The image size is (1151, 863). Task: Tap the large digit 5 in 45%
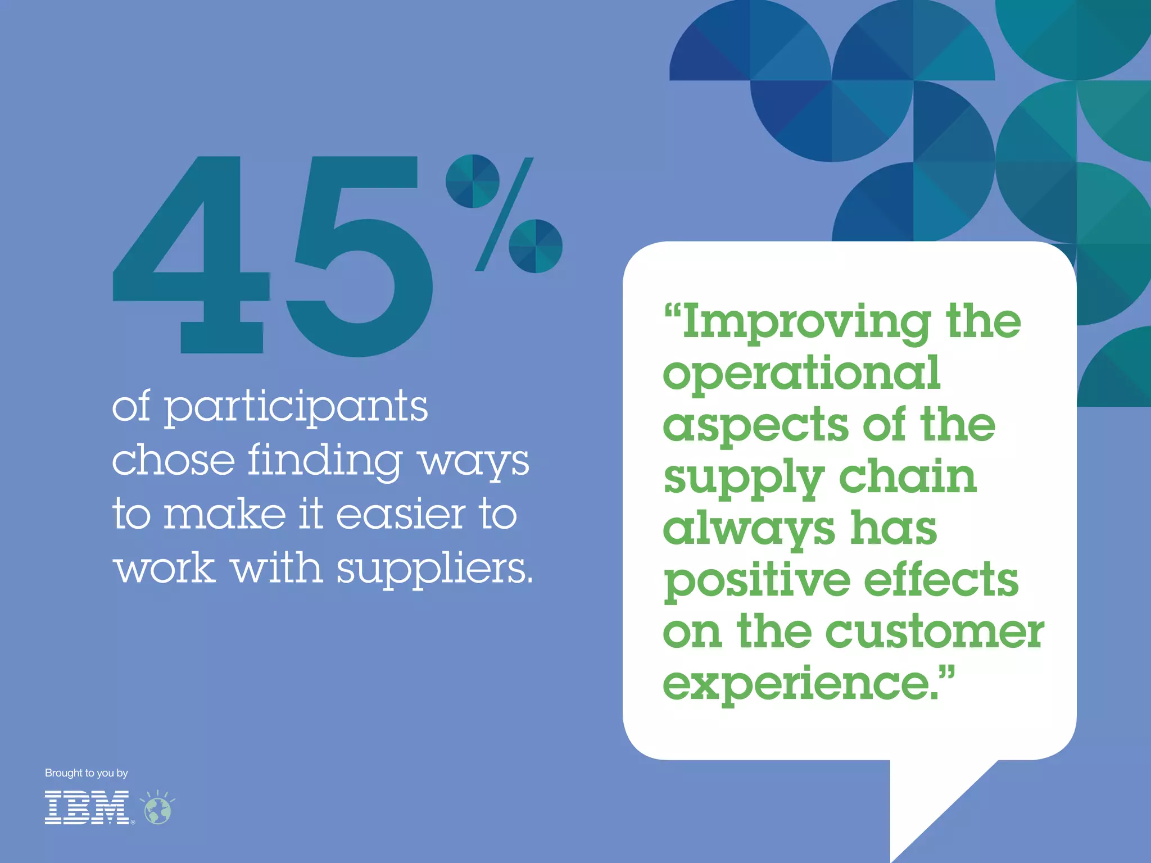point(360,264)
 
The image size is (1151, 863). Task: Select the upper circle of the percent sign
point(473,181)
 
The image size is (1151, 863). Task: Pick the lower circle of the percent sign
point(536,246)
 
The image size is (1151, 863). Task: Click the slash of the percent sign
point(504,214)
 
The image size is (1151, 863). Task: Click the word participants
point(296,408)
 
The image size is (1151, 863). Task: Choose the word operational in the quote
point(801,373)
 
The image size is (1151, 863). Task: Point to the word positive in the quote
point(756,582)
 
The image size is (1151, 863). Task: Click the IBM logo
point(87,808)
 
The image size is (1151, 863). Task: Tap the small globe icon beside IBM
point(158,810)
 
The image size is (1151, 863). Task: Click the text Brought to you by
point(87,773)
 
